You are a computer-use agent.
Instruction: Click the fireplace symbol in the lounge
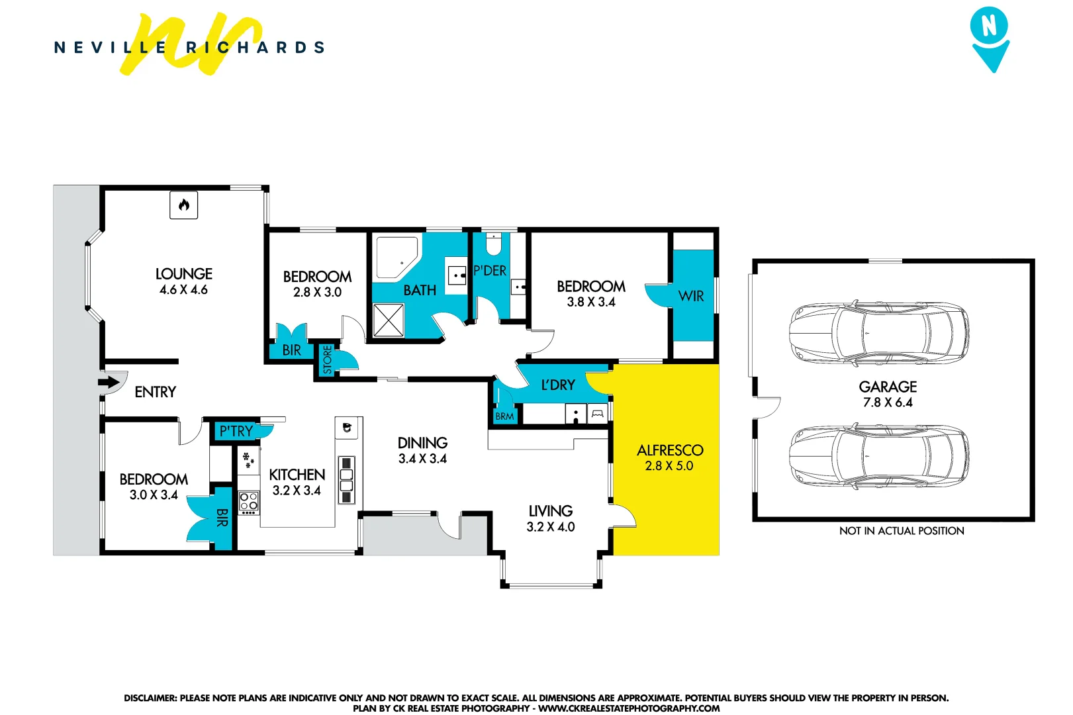point(184,205)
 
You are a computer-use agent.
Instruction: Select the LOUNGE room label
point(184,273)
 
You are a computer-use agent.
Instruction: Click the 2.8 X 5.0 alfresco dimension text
point(669,466)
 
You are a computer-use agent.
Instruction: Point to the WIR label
point(691,296)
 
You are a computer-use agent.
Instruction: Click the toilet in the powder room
point(494,245)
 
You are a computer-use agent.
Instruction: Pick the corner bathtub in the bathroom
point(396,257)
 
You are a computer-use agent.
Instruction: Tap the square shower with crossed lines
point(388,320)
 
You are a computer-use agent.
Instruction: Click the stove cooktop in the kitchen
point(249,501)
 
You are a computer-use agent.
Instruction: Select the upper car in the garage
point(879,332)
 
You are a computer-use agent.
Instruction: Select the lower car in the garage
point(879,457)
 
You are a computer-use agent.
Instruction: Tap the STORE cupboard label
point(327,360)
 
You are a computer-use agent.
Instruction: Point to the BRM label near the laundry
point(504,416)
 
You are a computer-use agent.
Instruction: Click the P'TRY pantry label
point(236,431)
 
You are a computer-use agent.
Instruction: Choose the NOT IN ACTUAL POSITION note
point(902,531)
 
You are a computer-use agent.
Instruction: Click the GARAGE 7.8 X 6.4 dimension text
point(888,403)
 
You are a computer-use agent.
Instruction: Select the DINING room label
point(422,442)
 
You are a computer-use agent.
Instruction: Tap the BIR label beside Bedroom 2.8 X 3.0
point(291,350)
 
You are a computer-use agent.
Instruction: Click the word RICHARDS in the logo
point(255,48)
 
